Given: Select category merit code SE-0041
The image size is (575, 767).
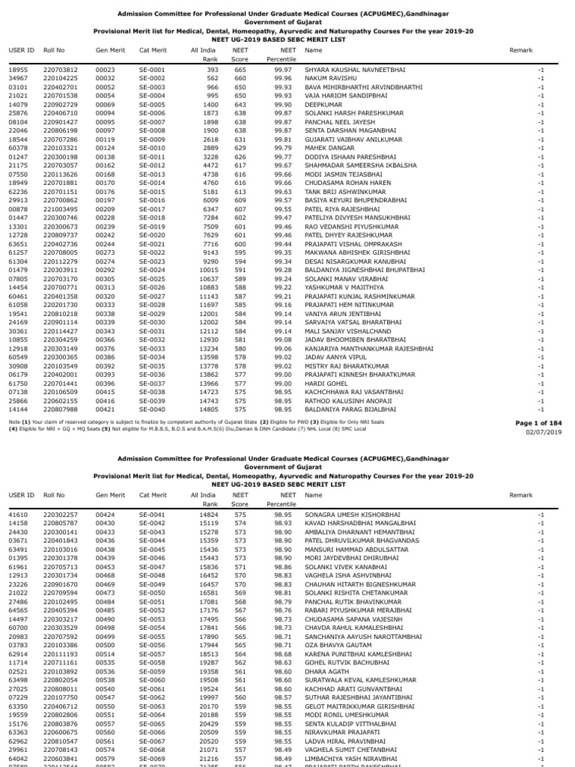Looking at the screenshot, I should click(x=152, y=515).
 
